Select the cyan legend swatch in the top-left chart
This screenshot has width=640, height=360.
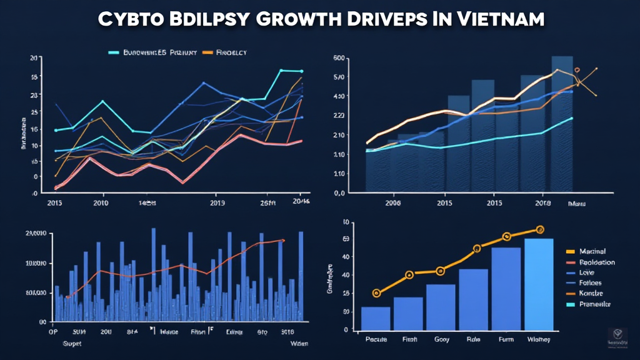(114, 53)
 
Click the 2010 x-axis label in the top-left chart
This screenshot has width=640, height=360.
(100, 203)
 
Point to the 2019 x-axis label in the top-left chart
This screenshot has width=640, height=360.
(217, 203)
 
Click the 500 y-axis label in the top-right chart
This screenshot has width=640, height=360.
(339, 58)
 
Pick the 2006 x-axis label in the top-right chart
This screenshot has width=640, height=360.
(393, 203)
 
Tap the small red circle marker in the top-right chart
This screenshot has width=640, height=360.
(577, 71)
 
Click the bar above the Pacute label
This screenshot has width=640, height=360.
(376, 318)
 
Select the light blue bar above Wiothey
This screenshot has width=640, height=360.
(539, 284)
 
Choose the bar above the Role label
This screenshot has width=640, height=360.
(473, 299)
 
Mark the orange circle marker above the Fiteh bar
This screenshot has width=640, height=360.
(409, 274)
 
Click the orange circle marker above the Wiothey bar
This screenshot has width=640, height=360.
(540, 230)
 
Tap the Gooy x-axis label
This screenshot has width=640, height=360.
(441, 339)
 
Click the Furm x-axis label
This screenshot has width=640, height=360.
(506, 339)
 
